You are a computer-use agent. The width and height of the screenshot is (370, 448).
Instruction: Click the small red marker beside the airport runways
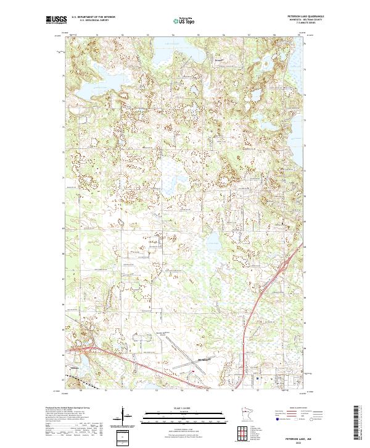click(194, 371)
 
